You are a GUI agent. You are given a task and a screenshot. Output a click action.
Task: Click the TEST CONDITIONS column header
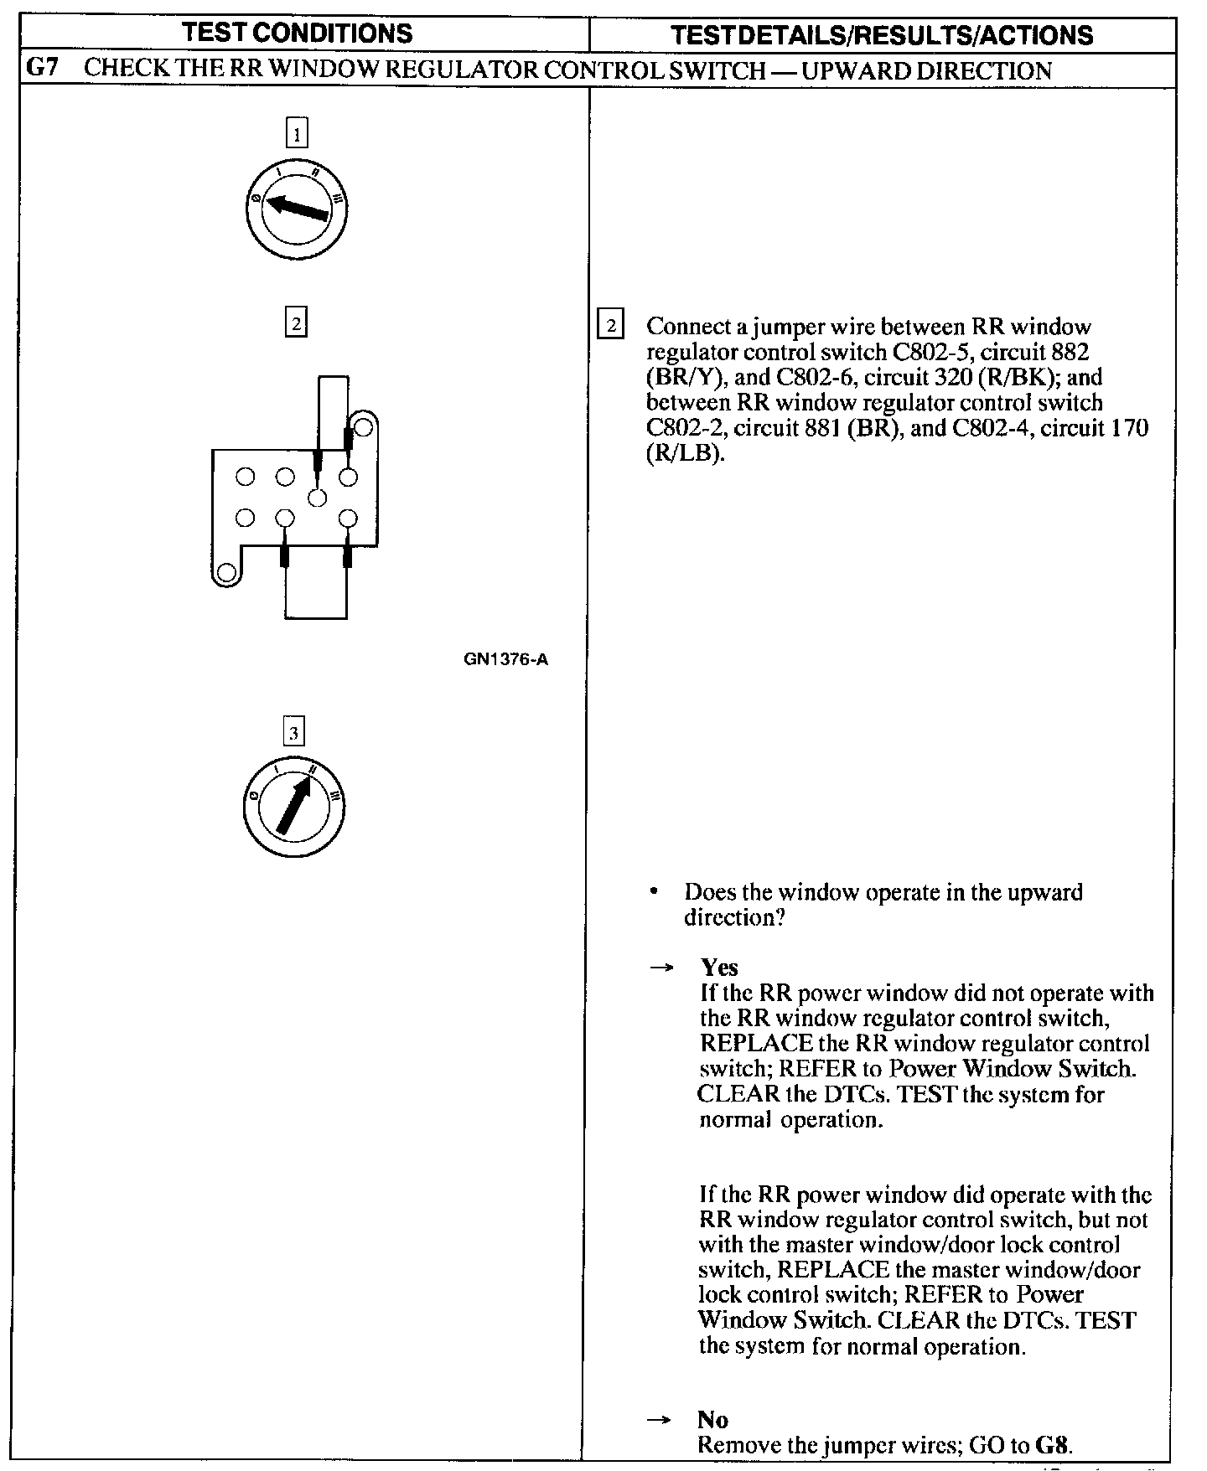[x=298, y=34]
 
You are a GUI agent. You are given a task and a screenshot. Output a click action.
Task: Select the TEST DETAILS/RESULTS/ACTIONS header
[x=882, y=35]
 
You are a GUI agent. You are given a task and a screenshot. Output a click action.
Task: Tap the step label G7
[x=42, y=69]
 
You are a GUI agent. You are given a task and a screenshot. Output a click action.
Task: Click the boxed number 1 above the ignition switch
[x=297, y=134]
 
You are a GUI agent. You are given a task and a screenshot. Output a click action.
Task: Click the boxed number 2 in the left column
[x=296, y=323]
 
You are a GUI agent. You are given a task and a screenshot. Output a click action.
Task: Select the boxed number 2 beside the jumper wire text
[x=610, y=324]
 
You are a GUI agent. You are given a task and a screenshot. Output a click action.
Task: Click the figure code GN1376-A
[x=506, y=659]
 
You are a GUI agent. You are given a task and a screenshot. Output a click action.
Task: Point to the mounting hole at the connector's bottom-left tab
[x=225, y=573]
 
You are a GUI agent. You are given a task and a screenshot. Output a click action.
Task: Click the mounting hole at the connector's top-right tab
[x=363, y=428]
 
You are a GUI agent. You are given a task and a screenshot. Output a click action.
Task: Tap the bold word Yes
[x=719, y=968]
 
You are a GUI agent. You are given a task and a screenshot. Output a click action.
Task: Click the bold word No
[x=712, y=1420]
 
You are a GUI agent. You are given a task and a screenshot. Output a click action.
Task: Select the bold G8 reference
[x=1054, y=1445]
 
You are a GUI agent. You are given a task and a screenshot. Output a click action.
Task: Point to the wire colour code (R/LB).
[x=684, y=454]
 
